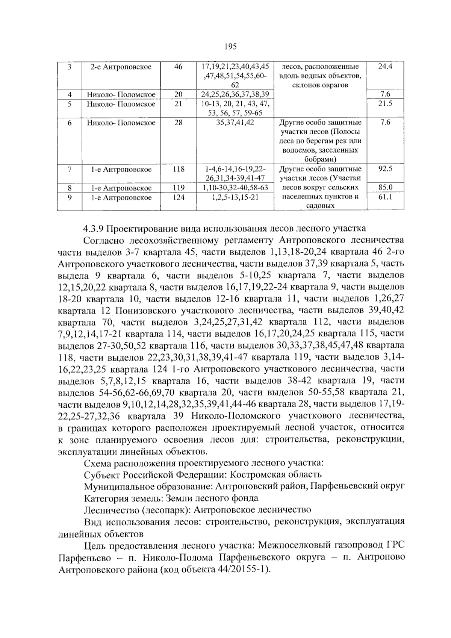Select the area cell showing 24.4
click(385, 67)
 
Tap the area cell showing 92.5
click(385, 169)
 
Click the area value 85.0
click(385, 188)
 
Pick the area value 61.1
click(385, 197)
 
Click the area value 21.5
click(385, 104)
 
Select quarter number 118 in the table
click(179, 169)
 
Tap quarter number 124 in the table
click(179, 197)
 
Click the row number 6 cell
click(70, 123)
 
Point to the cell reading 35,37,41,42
click(235, 123)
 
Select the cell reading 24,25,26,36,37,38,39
click(235, 94)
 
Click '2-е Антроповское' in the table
click(121, 67)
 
